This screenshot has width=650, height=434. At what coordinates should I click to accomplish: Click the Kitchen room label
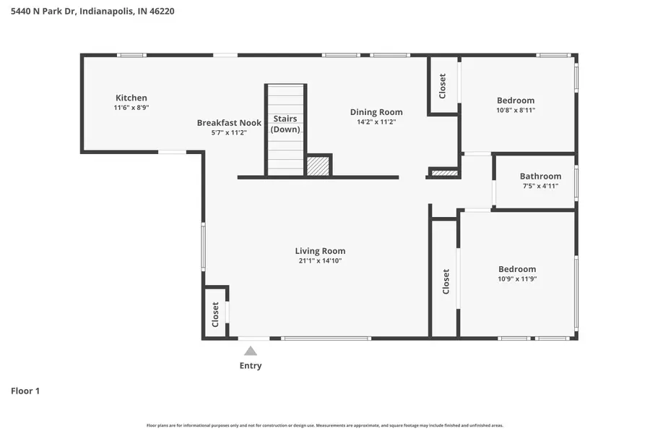[131, 98]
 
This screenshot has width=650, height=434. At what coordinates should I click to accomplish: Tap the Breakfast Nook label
[229, 123]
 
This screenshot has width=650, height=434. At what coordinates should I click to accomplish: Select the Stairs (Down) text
[285, 124]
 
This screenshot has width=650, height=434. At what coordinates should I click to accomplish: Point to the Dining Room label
[376, 112]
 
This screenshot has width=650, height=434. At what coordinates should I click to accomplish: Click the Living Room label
[320, 251]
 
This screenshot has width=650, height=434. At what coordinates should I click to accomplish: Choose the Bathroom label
[540, 176]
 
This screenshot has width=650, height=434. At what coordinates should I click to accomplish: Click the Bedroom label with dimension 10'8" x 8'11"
[516, 101]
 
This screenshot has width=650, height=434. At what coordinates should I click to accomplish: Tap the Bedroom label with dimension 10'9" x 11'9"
[517, 268]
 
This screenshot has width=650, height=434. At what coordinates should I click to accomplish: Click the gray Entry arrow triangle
[250, 351]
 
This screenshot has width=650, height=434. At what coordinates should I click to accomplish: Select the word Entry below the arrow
[250, 365]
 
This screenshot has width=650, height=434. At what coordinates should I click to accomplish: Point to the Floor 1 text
[25, 391]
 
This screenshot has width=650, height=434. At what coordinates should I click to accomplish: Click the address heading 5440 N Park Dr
[92, 11]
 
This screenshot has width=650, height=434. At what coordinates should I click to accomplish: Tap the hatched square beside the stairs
[318, 166]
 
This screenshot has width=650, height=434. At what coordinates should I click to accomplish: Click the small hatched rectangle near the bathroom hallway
[443, 173]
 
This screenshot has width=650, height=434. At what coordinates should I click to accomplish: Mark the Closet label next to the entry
[215, 315]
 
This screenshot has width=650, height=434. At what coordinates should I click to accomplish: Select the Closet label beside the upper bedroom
[443, 86]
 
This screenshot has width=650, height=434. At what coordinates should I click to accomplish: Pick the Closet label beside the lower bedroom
[446, 281]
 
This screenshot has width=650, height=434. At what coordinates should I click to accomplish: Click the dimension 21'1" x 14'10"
[320, 260]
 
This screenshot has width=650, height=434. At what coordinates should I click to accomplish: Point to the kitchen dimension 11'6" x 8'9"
[131, 107]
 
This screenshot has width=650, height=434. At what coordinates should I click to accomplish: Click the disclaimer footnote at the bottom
[325, 425]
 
